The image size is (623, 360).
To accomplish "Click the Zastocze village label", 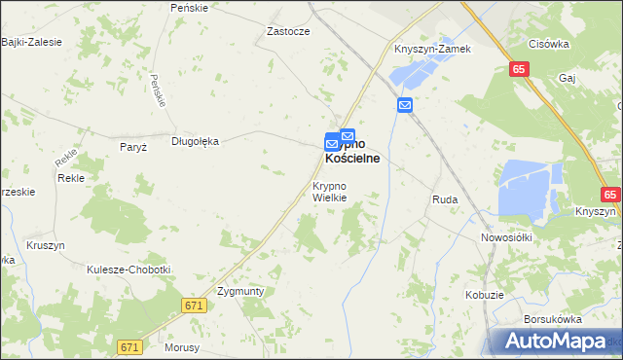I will (287, 31).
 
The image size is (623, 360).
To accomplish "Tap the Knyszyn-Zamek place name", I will (432, 49).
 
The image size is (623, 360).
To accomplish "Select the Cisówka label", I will (548, 43).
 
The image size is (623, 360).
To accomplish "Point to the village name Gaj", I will (568, 77).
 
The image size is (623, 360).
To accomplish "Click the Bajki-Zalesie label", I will (31, 43).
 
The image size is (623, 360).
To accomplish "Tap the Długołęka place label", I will (195, 140).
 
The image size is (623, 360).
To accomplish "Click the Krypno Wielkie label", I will (329, 191).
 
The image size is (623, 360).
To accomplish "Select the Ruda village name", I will (445, 199).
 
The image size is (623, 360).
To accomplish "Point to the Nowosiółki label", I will (503, 236).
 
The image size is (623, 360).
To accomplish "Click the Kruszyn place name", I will (46, 245).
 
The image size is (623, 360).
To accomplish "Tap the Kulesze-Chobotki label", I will (128, 270).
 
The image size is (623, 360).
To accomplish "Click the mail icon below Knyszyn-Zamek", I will (405, 105).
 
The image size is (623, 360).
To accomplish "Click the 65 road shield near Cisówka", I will (519, 69).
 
